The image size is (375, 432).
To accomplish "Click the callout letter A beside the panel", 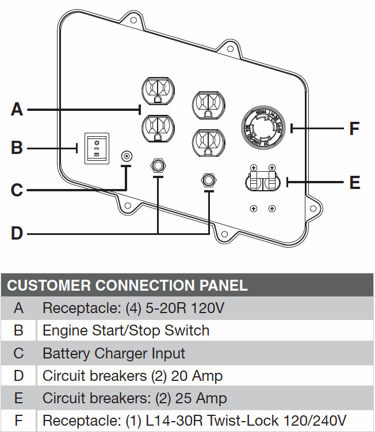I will point(17,109).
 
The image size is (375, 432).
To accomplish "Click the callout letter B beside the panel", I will point(17,148).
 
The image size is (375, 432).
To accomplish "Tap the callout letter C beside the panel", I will point(17,190).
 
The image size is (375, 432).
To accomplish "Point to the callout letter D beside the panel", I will point(17,233).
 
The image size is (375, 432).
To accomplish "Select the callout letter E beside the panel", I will point(355,183).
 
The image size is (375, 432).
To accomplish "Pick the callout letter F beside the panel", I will point(355,128).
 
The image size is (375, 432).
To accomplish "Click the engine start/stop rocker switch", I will point(97,148).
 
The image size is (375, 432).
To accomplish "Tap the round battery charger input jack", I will point(127,156).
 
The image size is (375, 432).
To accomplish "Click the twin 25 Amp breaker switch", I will point(262,183).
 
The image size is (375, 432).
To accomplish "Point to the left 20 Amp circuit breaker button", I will point(157,166).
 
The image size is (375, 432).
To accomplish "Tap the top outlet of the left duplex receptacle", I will point(157,91).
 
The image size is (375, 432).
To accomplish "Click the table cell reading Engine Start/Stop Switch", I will point(126,330).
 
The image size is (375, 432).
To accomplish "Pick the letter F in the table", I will point(18,421).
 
